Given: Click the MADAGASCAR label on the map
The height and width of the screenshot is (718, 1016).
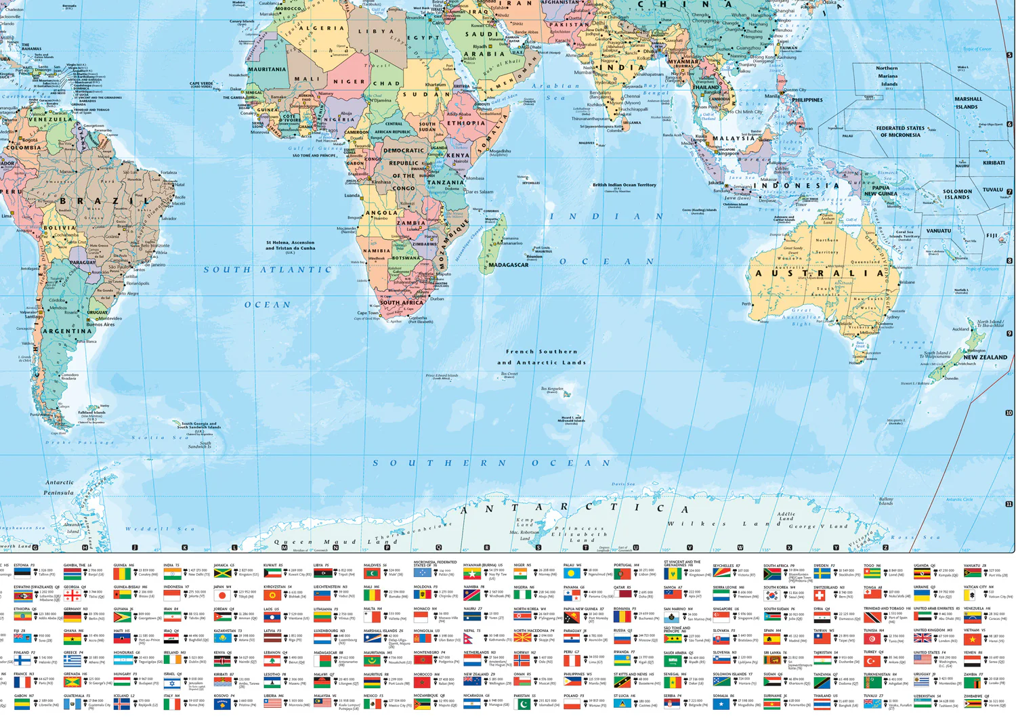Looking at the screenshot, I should [x=508, y=265].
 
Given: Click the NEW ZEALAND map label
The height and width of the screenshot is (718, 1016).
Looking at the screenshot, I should [x=985, y=357].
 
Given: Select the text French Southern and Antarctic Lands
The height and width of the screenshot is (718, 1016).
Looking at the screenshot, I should [x=541, y=357].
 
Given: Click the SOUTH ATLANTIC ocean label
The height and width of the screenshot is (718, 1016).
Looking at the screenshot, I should [x=268, y=270].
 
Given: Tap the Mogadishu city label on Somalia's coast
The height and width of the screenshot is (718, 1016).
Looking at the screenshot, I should [x=500, y=151].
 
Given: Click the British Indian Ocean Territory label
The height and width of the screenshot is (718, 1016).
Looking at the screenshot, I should [x=624, y=185].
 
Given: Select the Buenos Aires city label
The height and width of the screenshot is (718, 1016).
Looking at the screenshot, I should [x=100, y=324].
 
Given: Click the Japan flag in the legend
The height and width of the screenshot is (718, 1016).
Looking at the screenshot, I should [x=222, y=596].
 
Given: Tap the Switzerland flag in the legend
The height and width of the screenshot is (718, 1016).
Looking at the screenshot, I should [x=821, y=596].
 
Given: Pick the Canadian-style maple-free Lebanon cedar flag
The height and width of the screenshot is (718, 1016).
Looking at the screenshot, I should [x=272, y=661].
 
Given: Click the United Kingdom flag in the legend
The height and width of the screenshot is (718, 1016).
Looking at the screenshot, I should [x=922, y=638].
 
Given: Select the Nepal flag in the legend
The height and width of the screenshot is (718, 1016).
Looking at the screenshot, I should [x=471, y=638].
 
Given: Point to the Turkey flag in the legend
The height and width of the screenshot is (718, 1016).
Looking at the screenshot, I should [x=872, y=661].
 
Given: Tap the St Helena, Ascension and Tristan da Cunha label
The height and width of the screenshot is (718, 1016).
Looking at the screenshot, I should [x=290, y=245].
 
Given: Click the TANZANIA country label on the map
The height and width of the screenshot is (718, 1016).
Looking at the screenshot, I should [x=445, y=182].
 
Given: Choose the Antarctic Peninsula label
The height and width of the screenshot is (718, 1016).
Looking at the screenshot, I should [x=60, y=487].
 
